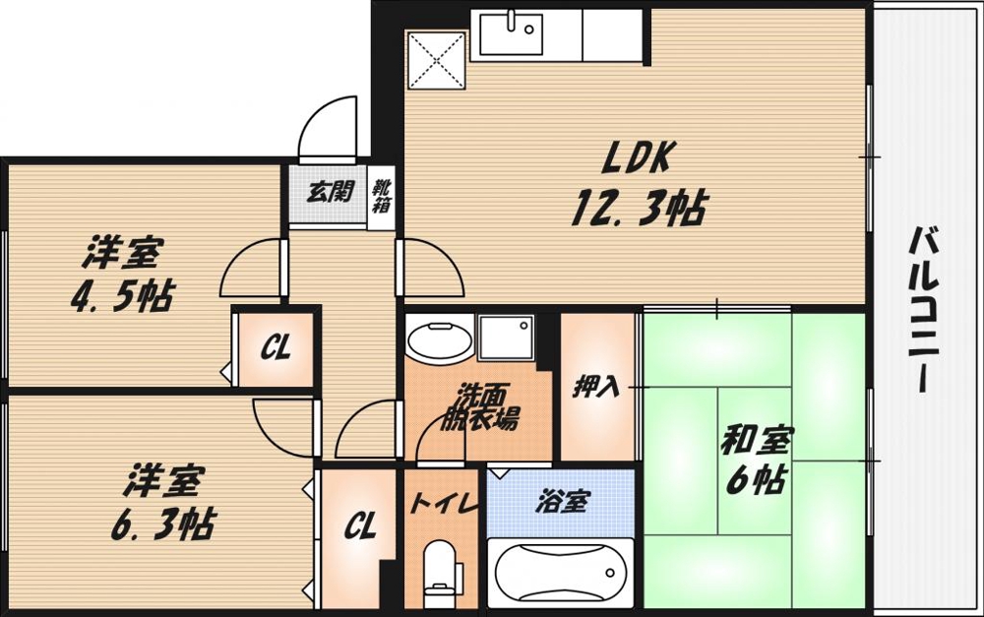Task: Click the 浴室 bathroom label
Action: coord(562,502)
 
